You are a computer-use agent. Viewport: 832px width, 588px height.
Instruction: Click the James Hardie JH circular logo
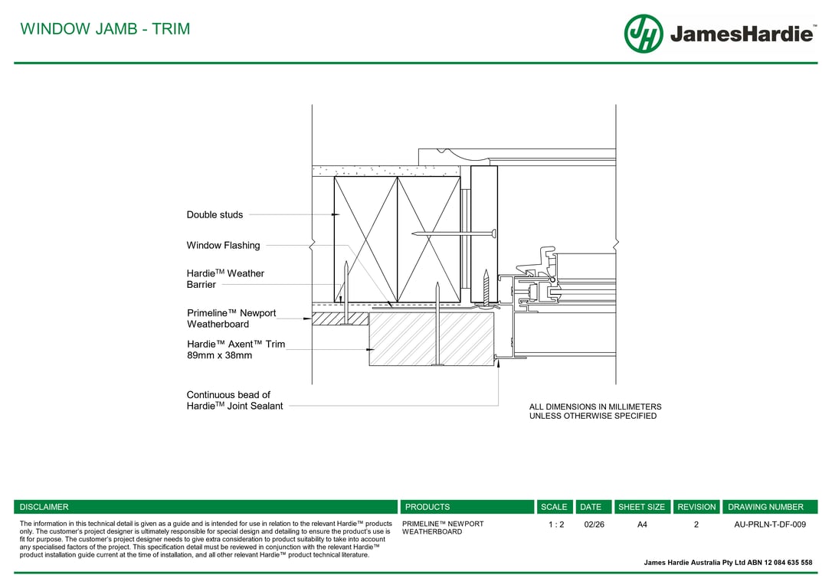tap(644, 34)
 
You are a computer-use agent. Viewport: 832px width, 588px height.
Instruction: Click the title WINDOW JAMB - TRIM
tap(105, 29)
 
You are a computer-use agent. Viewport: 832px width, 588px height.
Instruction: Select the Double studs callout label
tap(215, 215)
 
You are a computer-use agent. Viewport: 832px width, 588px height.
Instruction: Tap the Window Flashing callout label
tap(223, 246)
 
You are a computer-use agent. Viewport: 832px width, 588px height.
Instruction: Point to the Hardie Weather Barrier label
tap(225, 279)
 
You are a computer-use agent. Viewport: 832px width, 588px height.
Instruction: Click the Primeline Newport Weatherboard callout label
tap(231, 318)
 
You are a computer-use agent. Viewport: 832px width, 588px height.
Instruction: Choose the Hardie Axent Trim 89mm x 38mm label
tap(235, 350)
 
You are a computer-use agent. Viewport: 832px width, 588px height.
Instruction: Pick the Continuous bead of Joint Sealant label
tap(234, 400)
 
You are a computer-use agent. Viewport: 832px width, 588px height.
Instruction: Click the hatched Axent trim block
tap(431, 338)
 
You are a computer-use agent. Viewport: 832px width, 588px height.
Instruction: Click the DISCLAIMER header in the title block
tap(44, 507)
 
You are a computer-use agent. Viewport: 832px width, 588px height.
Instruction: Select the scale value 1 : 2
tap(556, 524)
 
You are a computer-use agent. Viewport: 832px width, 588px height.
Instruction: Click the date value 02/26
tap(594, 524)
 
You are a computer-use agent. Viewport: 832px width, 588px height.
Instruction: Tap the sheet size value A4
tap(642, 524)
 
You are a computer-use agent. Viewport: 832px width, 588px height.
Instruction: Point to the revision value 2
tap(696, 524)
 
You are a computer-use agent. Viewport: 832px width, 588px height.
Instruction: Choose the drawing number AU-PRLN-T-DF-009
tap(769, 524)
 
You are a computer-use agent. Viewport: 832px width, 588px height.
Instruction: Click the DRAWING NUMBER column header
tap(765, 507)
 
